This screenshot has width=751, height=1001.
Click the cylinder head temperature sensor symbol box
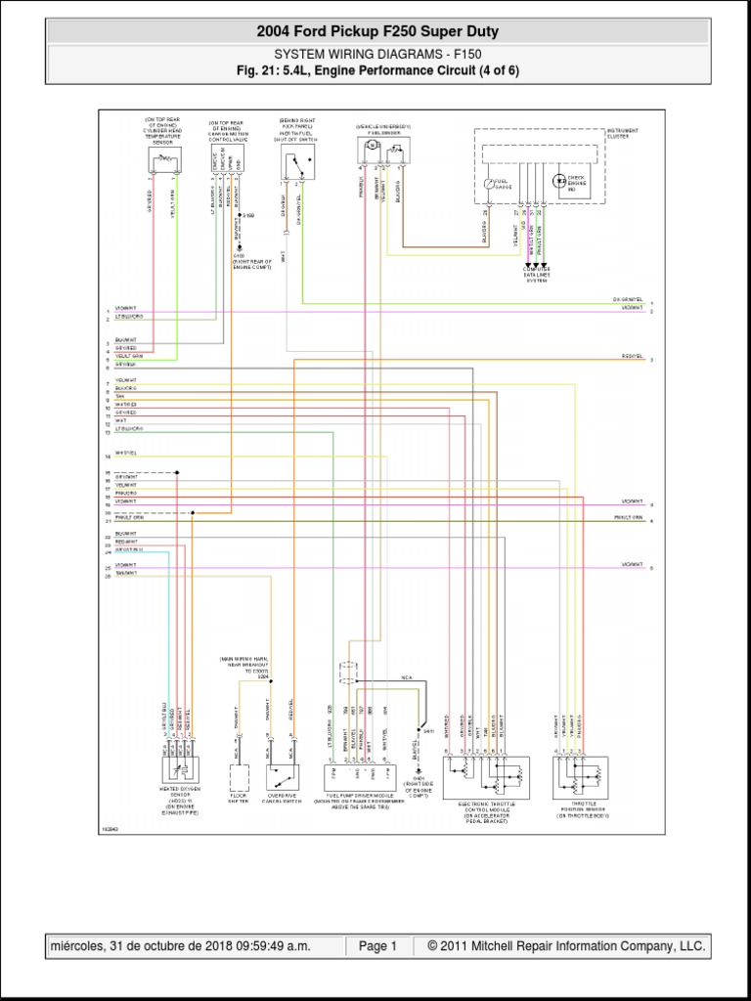[x=162, y=160]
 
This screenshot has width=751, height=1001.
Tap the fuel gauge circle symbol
[x=492, y=183]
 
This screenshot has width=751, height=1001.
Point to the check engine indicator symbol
[x=560, y=181]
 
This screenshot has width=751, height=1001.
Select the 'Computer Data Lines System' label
[x=537, y=276]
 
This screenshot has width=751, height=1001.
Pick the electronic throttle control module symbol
[x=484, y=777]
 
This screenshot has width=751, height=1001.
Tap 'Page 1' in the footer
[x=377, y=946]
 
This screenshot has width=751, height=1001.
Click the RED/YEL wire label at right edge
[x=633, y=357]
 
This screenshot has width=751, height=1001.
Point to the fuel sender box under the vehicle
[x=384, y=151]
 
